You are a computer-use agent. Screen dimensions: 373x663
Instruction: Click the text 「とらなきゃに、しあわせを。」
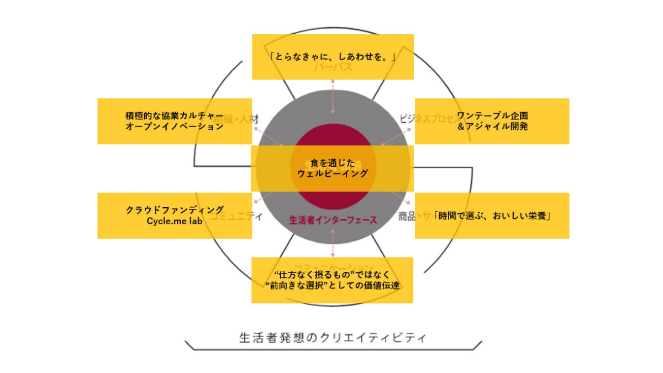point(333,57)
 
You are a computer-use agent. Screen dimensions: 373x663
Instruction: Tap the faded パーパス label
point(333,68)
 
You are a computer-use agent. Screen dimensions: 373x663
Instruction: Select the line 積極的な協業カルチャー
point(175,116)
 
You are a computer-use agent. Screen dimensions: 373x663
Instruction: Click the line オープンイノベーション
point(175,127)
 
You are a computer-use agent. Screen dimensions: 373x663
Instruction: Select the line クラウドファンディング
point(175,210)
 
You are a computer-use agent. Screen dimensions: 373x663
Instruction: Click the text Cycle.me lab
point(175,220)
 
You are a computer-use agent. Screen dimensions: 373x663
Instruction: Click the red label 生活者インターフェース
point(333,220)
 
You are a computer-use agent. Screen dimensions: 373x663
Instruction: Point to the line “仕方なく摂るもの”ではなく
point(333,274)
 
